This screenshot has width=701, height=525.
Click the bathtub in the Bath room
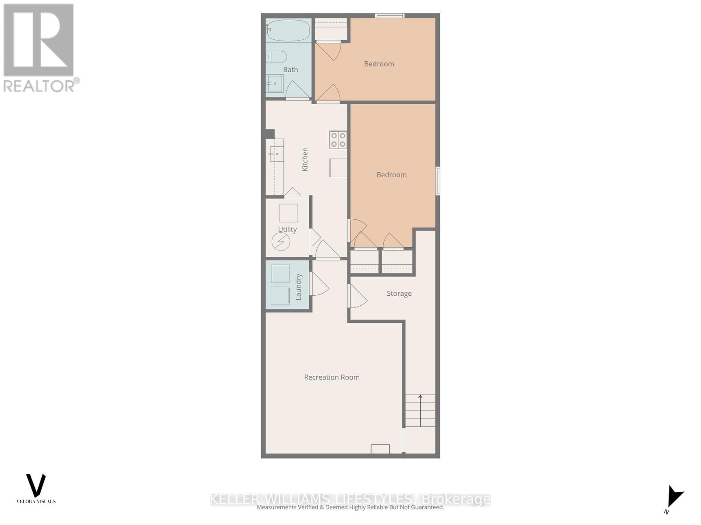[x=288, y=30]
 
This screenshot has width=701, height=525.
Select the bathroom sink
[x=275, y=83]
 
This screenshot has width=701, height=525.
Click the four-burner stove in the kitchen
[x=338, y=140]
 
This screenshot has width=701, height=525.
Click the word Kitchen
[x=305, y=159]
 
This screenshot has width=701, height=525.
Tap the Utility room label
[x=287, y=229]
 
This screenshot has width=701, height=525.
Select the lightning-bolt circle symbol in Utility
[x=281, y=241]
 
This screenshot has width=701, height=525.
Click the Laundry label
[x=299, y=287]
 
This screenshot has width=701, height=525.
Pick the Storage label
[x=399, y=294]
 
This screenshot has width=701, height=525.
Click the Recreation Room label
[x=332, y=377]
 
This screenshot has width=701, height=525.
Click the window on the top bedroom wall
[x=389, y=16]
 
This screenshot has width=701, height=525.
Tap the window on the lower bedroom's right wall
[x=438, y=181]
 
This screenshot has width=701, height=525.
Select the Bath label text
[x=290, y=70]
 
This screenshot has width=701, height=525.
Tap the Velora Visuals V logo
[x=36, y=485]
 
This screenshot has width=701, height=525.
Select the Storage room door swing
[x=358, y=296]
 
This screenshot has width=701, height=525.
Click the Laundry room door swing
[x=319, y=284]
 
